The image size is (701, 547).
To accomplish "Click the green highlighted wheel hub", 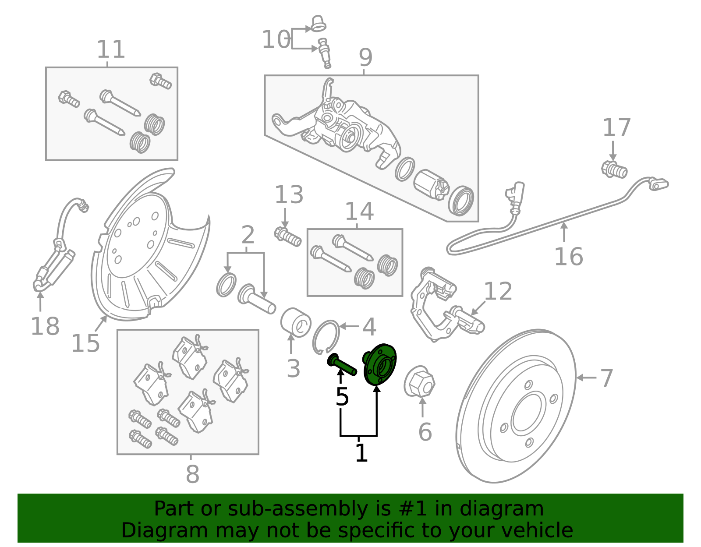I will coord(379,365).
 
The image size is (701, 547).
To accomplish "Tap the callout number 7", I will coord(606,378).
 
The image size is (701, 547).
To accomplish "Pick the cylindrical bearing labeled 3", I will coord(296,322).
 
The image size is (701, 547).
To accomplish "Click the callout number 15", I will coord(85,343).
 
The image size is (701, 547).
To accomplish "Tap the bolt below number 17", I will coord(614,169).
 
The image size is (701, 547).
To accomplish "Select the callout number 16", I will coord(568,257).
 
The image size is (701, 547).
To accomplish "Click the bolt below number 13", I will coord(288,236).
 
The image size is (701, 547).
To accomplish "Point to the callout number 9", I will coord(365,58).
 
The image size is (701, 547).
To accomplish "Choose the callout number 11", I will coord(111,49).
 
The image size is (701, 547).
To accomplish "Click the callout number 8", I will coord(192,474).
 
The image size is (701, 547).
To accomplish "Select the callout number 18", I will coord(45,326).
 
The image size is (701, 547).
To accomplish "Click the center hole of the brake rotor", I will coord(528,413).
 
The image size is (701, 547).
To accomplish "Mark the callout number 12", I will coord(498,292).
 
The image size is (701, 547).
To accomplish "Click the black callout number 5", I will coord(342,397).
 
